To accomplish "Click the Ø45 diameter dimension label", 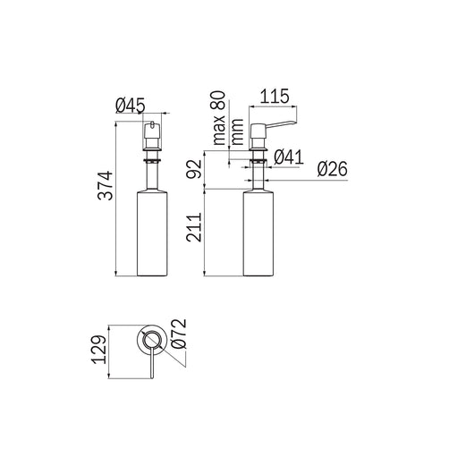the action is pos(131,106).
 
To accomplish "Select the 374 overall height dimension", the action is pos(106,186).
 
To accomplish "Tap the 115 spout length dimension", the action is pos(275,97).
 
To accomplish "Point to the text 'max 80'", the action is pos(219,118).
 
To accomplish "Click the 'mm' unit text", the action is pos(237,131).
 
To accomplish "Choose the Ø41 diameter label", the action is pos(288,157).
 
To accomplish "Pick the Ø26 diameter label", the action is pos(332,169).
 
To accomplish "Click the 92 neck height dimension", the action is pos(194,169).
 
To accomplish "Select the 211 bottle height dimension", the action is pos(194,228).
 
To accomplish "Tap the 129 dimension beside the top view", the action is pos(99,350).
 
